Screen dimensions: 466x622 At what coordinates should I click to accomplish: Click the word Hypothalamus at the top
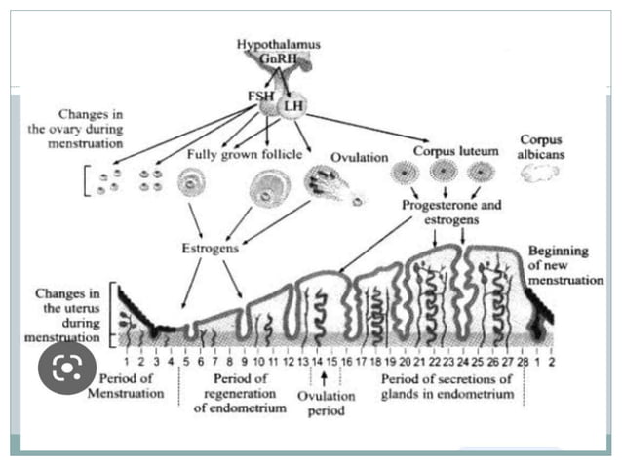tap(278, 45)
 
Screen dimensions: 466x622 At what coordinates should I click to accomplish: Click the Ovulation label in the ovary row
tap(359, 158)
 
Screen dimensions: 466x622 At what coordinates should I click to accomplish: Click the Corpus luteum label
tap(455, 151)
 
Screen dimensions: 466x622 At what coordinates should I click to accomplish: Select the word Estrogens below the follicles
tap(211, 248)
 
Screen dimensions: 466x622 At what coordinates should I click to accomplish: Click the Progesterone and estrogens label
tap(447, 213)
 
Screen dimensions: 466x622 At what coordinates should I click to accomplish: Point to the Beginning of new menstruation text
tap(558, 265)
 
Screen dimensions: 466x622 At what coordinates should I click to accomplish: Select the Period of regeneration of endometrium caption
tap(239, 392)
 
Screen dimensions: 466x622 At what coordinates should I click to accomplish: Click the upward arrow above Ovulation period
tap(324, 380)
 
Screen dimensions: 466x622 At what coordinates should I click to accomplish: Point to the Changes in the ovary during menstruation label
tap(76, 128)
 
